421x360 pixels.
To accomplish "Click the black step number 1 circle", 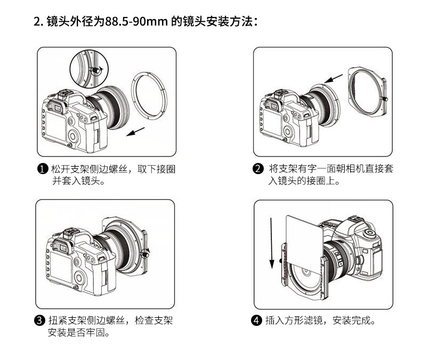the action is click(43, 169).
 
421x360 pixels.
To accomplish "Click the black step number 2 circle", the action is click(258, 169).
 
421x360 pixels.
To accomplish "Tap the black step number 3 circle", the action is click(40, 320).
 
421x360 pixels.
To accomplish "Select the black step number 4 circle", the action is click(256, 320).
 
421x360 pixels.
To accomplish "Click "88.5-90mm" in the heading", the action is click(136, 22).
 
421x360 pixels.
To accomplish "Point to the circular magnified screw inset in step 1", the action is click(89, 69).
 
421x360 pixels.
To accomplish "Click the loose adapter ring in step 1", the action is click(149, 95).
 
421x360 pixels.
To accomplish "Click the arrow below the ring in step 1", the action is click(135, 132).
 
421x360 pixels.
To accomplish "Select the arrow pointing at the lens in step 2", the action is click(334, 79).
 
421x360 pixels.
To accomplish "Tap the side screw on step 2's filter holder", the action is click(384, 99).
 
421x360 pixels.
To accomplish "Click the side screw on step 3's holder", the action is click(146, 253).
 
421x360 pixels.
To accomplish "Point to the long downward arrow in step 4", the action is click(271, 243).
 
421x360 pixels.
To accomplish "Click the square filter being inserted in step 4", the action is click(304, 243).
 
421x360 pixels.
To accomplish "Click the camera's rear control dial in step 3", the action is click(80, 277).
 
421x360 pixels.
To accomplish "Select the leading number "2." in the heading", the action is click(38, 22).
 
